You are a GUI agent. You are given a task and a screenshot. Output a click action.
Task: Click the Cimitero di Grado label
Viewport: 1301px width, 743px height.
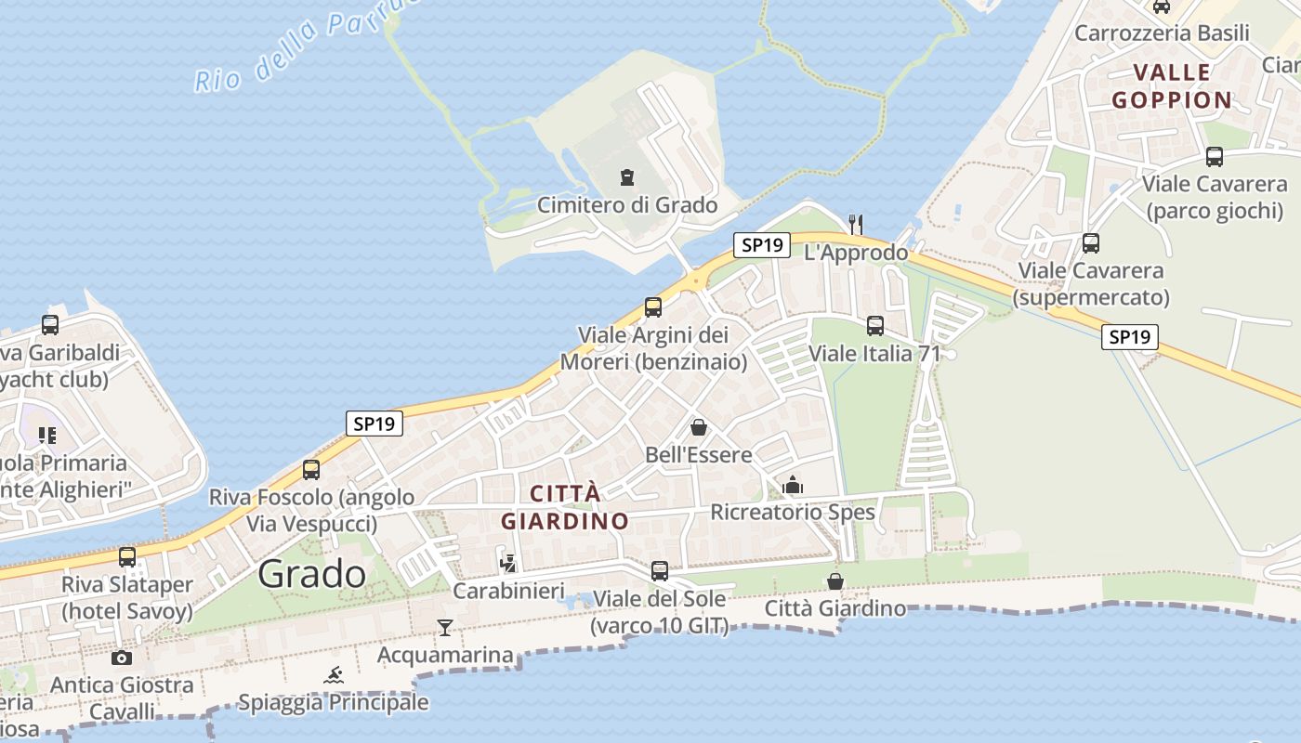(x=627, y=205)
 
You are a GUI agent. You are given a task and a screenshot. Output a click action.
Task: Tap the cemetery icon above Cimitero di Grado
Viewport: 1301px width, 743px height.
(x=627, y=177)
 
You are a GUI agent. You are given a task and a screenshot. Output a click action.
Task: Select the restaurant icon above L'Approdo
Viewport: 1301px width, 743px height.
(x=856, y=224)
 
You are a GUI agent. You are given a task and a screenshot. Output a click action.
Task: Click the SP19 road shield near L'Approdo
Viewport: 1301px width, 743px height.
(x=762, y=245)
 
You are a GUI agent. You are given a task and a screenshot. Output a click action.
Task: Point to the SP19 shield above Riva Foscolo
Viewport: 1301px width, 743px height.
(x=375, y=424)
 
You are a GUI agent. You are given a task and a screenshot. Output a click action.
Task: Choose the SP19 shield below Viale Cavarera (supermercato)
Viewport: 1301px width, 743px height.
(x=1130, y=337)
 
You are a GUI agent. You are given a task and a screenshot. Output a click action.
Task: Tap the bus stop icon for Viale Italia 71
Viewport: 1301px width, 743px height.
(x=875, y=326)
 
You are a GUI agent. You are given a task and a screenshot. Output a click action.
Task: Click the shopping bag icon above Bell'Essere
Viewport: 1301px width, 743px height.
(x=698, y=428)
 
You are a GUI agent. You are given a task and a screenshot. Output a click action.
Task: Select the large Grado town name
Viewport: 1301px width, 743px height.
(x=312, y=574)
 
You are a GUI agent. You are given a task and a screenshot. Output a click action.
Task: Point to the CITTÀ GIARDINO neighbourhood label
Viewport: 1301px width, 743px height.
(x=565, y=507)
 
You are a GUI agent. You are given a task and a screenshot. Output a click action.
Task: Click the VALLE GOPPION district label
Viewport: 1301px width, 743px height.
(x=1172, y=86)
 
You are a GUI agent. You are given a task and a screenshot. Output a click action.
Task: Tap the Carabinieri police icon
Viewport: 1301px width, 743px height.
(x=508, y=563)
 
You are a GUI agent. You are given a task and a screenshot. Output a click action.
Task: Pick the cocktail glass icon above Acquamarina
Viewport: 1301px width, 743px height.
(x=445, y=628)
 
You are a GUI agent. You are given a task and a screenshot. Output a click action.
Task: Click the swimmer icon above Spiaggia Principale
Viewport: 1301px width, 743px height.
(x=334, y=675)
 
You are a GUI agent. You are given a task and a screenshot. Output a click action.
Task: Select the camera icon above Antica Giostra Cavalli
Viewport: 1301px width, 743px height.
(x=122, y=658)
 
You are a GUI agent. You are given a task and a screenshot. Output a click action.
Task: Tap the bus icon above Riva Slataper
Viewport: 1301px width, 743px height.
(x=127, y=557)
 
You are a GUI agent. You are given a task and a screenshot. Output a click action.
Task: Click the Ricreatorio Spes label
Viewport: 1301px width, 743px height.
(x=793, y=512)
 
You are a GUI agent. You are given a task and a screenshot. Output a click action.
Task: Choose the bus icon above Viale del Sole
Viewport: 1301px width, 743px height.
(x=660, y=571)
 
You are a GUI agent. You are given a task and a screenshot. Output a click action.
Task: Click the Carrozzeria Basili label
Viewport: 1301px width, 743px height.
(x=1162, y=33)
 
